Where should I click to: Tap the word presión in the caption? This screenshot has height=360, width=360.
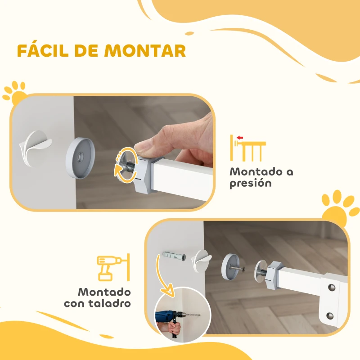pos(251,184)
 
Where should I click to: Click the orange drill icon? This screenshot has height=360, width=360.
pos(109,268)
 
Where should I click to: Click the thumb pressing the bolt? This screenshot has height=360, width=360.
pos(148,145)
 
